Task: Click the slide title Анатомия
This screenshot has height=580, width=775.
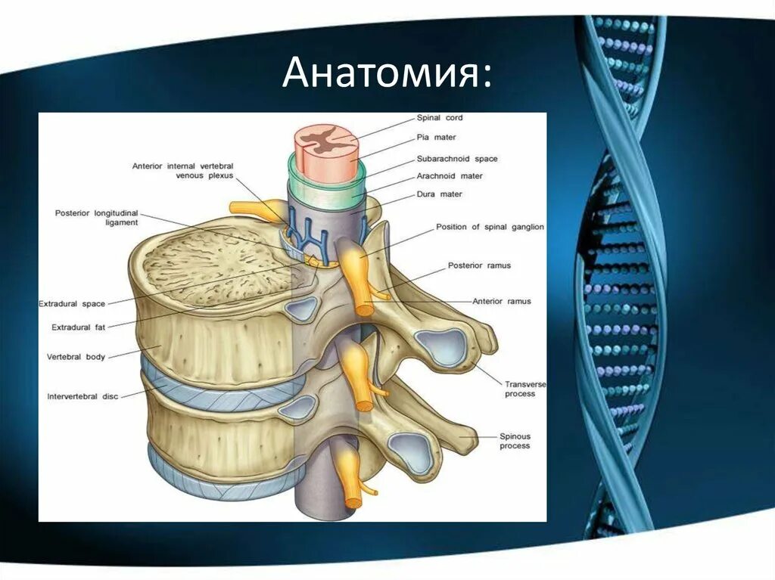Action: (387, 75)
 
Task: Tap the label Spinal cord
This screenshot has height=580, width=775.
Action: (440, 118)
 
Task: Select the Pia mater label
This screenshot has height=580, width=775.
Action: (436, 138)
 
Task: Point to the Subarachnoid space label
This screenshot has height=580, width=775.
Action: (457, 159)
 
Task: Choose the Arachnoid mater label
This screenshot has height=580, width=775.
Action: (450, 176)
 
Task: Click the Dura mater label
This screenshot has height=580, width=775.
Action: (439, 194)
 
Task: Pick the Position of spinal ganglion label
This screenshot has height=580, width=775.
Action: (490, 227)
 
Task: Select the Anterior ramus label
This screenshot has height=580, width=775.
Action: (502, 301)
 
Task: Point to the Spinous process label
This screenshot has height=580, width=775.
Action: (515, 441)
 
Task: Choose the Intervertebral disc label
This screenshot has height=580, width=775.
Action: (82, 395)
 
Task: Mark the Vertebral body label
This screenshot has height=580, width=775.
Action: (76, 356)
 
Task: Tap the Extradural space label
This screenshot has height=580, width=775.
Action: (72, 304)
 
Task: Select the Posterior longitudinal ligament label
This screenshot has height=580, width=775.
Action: (96, 218)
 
